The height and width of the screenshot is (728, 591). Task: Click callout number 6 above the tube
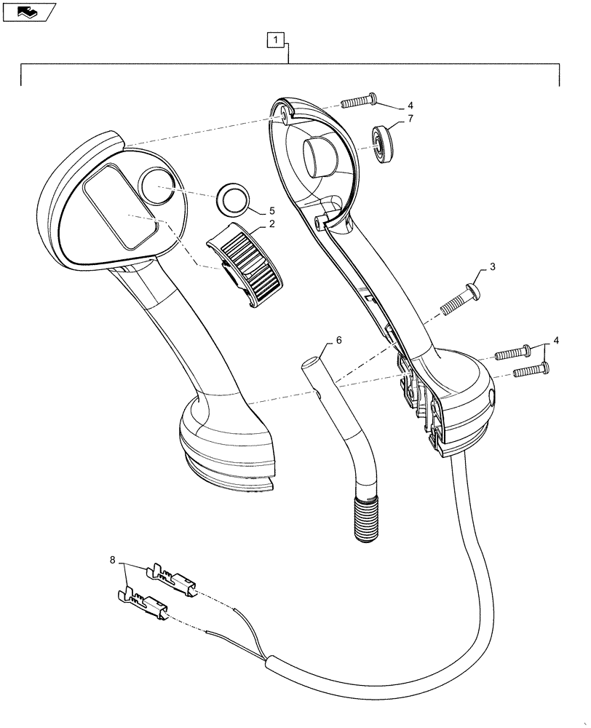[x=338, y=340]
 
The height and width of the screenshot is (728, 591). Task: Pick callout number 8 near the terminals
[x=112, y=561]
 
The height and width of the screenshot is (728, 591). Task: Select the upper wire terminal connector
[x=172, y=581]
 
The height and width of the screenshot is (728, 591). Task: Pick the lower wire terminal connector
[x=146, y=606]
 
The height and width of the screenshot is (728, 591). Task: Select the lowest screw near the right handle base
[x=528, y=371]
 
